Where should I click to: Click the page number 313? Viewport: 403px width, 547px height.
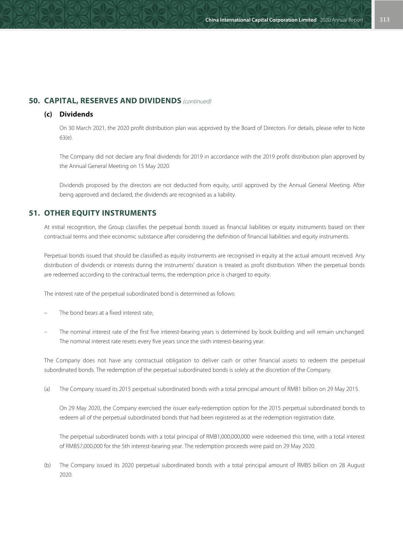tap(384, 20)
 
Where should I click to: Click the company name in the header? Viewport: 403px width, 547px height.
tap(261, 20)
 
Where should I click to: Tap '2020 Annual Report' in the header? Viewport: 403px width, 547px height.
tap(341, 20)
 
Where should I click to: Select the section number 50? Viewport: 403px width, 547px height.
tap(34, 101)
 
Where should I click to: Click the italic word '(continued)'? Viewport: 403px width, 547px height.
tap(197, 101)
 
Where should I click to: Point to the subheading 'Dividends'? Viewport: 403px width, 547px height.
tap(76, 114)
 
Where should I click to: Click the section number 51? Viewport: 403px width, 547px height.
tap(34, 213)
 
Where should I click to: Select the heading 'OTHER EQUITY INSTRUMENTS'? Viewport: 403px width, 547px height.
tap(100, 213)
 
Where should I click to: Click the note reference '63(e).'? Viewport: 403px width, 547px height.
tap(66, 138)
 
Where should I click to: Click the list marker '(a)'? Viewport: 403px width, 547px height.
tap(47, 389)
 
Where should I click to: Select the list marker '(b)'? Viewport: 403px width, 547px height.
tap(47, 465)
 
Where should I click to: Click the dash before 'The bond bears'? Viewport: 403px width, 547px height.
tap(45, 313)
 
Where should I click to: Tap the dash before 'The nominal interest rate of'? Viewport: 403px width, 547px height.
tap(45, 332)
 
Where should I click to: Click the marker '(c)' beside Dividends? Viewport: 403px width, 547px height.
tap(48, 114)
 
